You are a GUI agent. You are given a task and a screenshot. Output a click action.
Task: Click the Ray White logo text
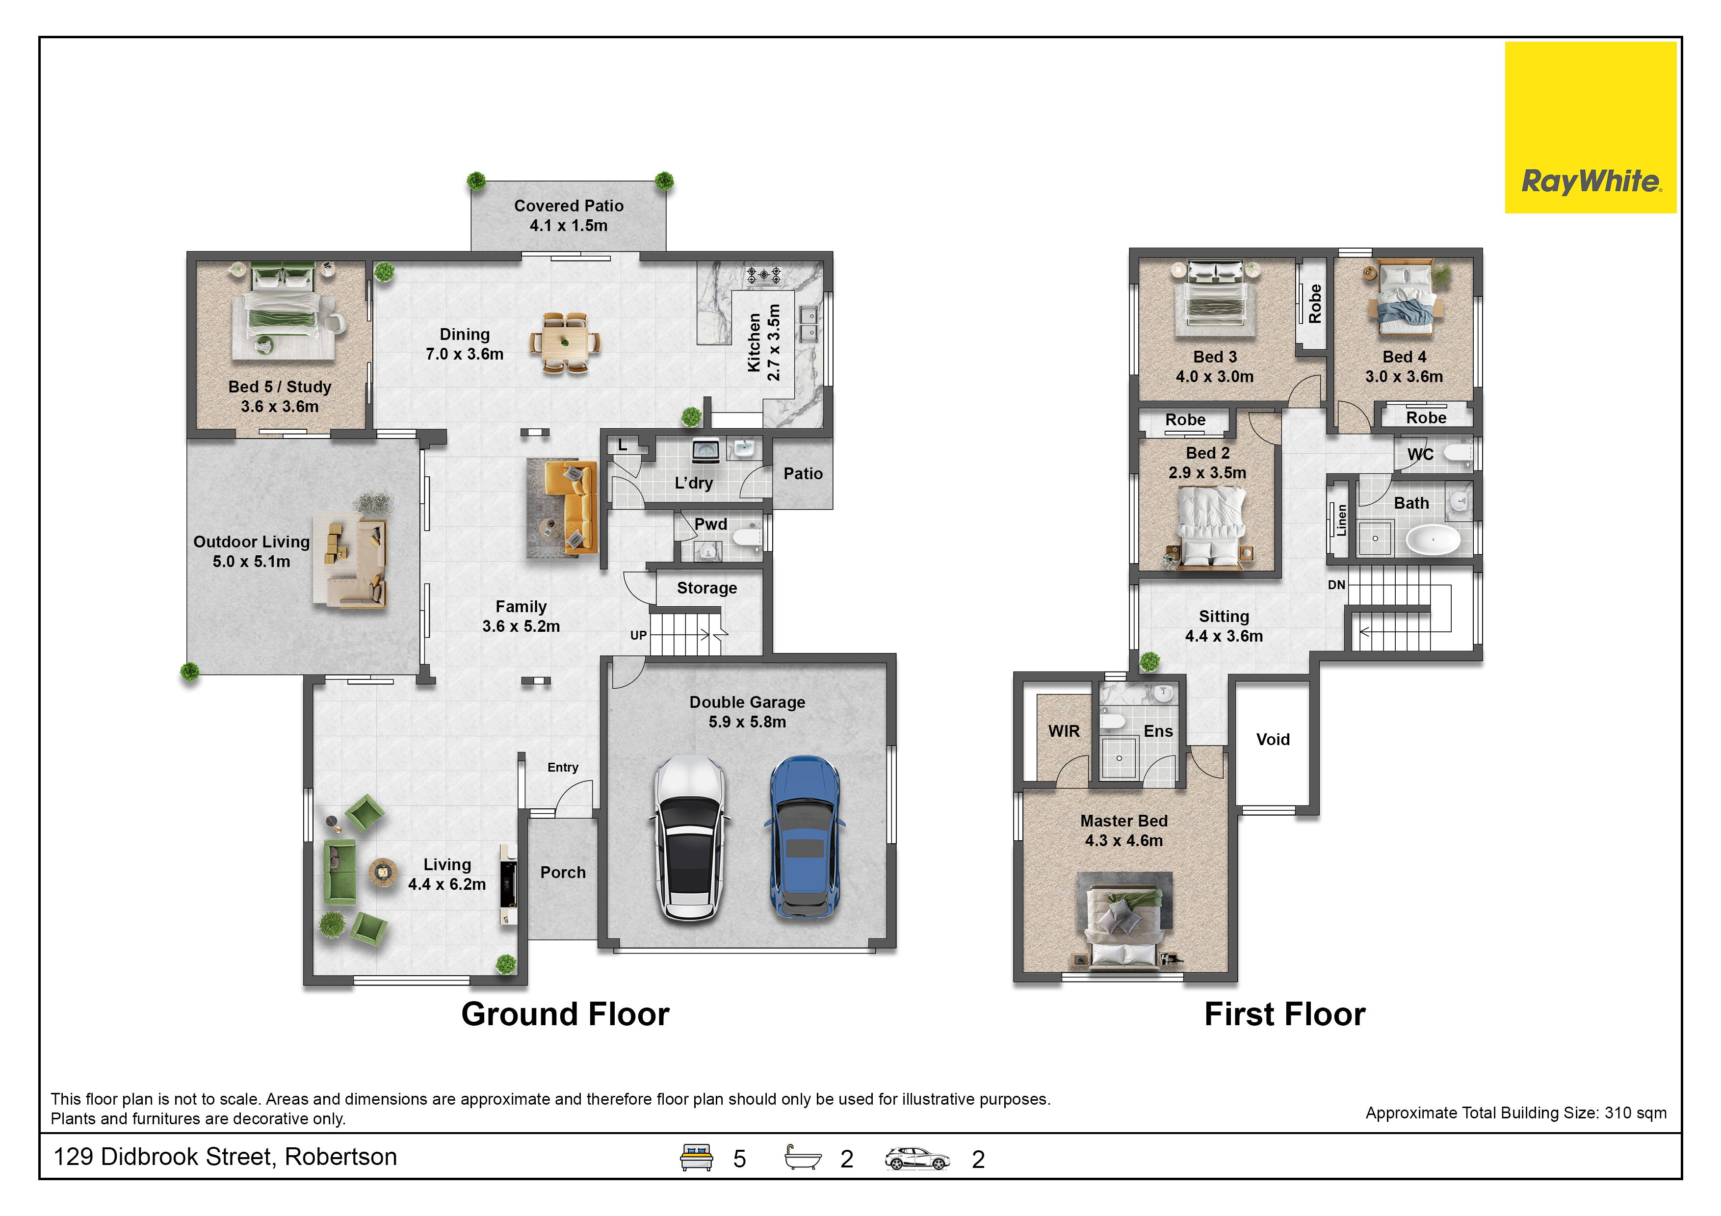(1591, 181)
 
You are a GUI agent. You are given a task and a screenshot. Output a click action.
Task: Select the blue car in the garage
(804, 837)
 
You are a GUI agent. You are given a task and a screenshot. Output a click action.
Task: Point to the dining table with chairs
(565, 343)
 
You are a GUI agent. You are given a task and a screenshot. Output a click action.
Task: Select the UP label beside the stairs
(638, 635)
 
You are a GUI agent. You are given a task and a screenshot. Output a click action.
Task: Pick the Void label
(1272, 740)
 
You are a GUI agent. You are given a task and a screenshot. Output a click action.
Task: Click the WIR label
(1064, 731)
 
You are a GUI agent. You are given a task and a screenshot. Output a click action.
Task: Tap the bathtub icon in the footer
(802, 1158)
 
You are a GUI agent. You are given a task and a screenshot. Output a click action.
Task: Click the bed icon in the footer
(696, 1158)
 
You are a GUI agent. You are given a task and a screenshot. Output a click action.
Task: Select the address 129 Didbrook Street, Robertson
(225, 1157)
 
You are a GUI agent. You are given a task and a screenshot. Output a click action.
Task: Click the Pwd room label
(710, 524)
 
